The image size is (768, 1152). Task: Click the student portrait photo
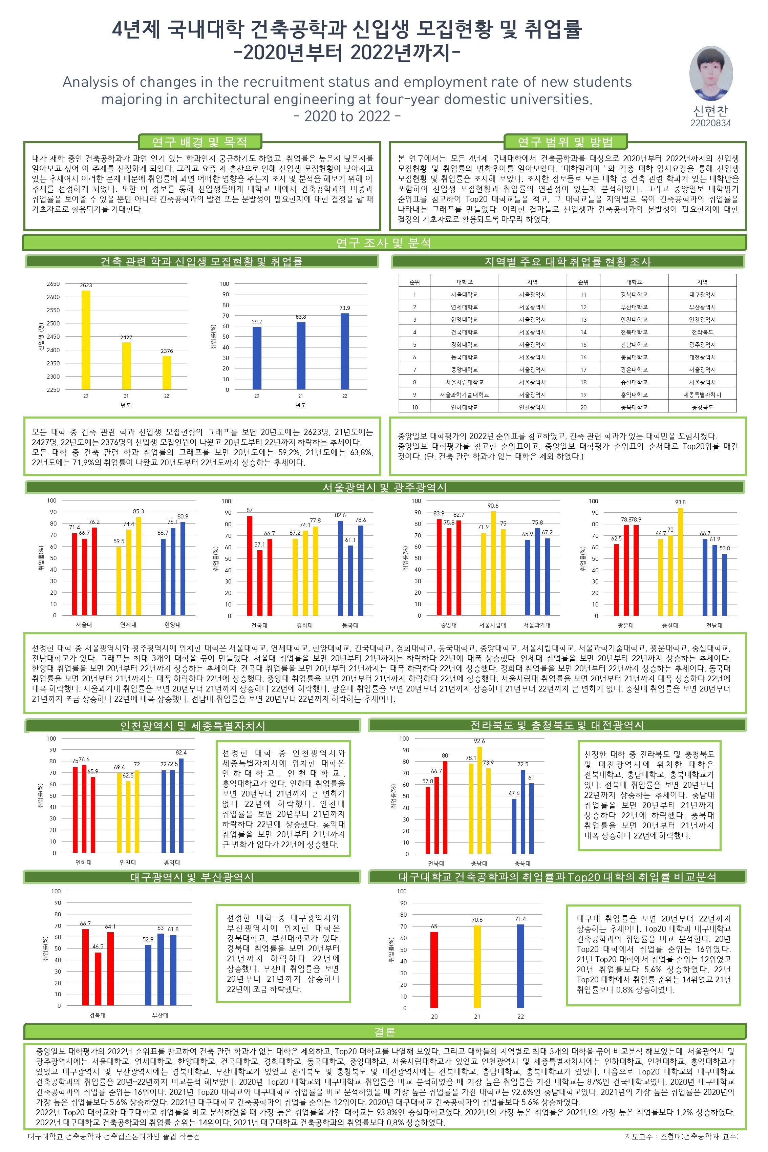711,73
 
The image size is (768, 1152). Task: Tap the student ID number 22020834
710,123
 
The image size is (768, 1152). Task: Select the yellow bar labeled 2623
86,340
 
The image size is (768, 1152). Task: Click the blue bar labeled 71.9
345,351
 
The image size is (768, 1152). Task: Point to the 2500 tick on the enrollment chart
53,323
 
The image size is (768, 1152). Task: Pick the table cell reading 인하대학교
464,407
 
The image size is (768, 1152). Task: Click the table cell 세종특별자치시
702,395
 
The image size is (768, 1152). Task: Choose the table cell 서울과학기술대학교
464,395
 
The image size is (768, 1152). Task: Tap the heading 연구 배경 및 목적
199,142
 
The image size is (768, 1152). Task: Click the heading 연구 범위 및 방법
565,142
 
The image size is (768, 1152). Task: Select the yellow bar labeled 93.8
680,561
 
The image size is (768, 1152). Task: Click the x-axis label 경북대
98,1015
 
